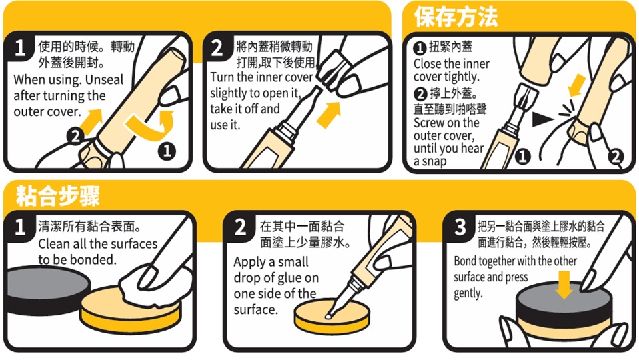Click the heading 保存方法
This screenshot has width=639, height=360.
coord(456,17)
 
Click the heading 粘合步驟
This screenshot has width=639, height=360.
coord(57,196)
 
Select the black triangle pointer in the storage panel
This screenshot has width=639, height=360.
coord(543,119)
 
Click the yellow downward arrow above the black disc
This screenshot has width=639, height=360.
coord(564,285)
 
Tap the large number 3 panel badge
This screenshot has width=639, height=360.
coord(460,227)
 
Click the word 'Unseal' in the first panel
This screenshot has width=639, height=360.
coord(104,79)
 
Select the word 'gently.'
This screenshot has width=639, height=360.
coord(468,293)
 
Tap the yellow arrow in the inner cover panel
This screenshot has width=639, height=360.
coord(329,115)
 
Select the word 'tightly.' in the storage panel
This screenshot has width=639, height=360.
coord(462,77)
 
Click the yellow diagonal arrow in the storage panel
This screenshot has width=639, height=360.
coord(577,85)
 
